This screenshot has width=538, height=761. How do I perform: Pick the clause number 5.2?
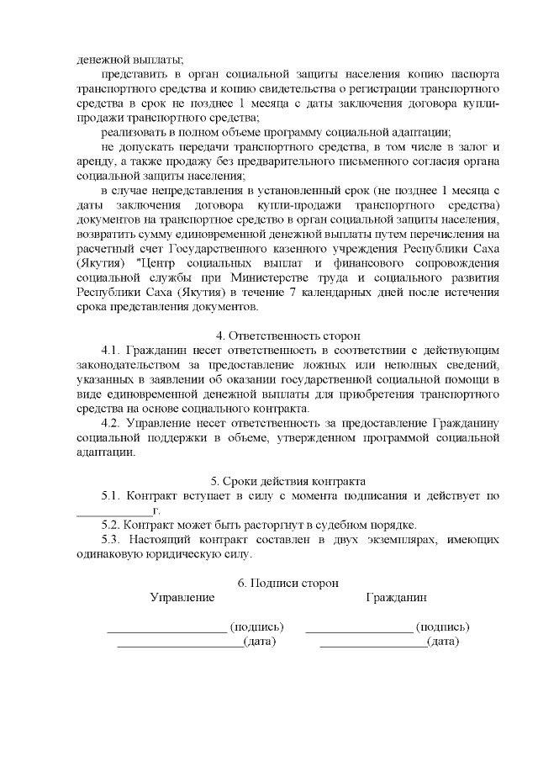tap(113, 525)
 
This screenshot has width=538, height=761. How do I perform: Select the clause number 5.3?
tap(113, 539)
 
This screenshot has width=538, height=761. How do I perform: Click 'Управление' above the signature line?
tap(182, 598)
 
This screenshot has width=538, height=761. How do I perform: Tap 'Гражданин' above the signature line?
tap(396, 598)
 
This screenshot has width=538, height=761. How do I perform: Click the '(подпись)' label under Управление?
tap(257, 627)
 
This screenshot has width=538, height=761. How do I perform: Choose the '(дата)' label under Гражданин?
tap(443, 642)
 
